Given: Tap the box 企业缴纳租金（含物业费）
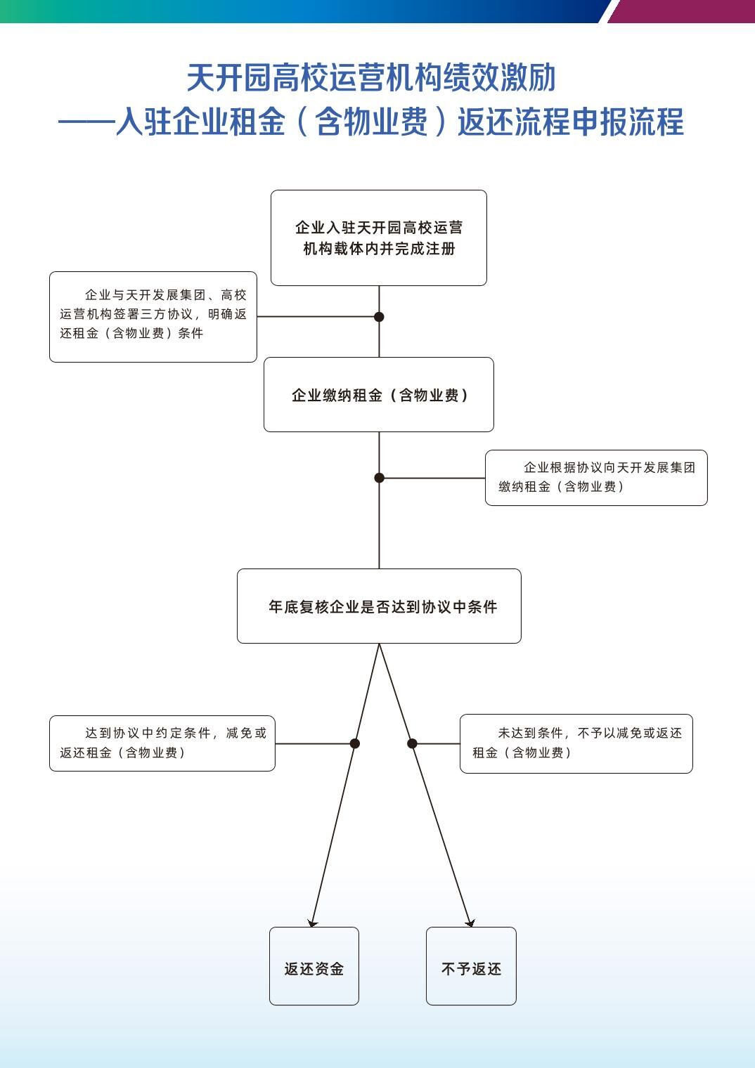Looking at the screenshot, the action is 379,395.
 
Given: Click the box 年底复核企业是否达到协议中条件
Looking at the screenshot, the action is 379,606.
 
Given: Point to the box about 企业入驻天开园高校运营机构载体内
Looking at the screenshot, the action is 379,238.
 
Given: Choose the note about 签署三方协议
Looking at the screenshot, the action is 153,317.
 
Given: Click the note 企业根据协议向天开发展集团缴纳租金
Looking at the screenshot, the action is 596,478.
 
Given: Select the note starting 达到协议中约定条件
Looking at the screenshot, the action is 162,743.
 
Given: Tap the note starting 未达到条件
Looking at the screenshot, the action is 576,744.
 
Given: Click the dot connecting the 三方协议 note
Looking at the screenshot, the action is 379,317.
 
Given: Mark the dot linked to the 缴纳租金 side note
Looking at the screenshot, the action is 379,478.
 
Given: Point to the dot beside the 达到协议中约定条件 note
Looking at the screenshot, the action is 355,743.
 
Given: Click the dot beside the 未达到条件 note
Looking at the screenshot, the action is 413,743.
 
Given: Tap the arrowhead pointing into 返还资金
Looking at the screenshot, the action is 312,923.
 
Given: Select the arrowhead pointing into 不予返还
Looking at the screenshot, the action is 470,923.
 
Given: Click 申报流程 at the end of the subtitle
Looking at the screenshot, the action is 628,122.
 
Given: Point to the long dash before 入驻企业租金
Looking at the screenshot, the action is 86,122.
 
